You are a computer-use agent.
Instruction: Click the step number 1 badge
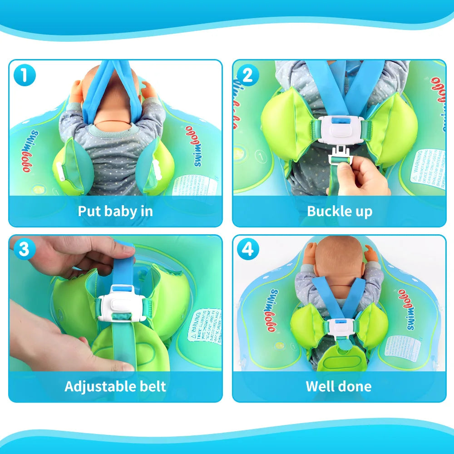25,75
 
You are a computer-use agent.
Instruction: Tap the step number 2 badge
247,75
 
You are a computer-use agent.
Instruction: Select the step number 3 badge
25,249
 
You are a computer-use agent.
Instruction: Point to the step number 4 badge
247,249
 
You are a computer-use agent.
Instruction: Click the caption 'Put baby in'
115,211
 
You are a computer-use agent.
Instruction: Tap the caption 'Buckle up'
340,211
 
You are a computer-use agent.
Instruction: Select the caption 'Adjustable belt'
115,386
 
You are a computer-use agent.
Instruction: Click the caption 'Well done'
339,386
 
